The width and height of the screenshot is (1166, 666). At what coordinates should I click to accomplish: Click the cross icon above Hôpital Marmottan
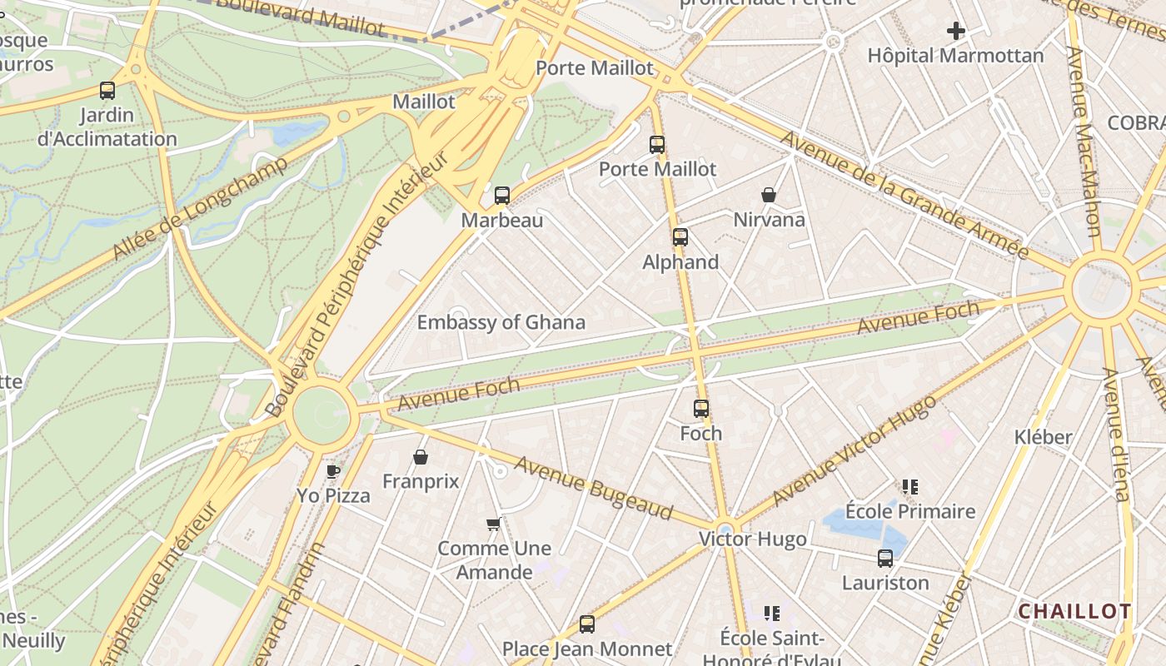coord(955,32)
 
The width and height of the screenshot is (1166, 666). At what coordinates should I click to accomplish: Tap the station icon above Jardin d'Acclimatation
coord(107,91)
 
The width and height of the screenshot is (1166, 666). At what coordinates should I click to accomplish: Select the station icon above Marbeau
coord(501,196)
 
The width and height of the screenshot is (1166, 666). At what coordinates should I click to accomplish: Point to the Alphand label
coord(680,262)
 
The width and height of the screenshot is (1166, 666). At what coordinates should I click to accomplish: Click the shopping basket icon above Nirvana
coord(769,196)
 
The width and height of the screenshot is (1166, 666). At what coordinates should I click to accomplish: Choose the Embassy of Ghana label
coord(501,322)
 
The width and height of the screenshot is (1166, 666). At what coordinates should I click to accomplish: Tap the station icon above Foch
coord(701,409)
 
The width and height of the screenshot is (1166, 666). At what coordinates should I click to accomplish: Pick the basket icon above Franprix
coord(421,457)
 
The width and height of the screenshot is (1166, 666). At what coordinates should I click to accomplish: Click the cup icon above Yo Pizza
coord(333,471)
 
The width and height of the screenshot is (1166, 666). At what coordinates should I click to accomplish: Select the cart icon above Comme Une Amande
coord(493,524)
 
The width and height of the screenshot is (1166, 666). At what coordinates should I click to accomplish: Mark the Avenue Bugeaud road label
coord(592,488)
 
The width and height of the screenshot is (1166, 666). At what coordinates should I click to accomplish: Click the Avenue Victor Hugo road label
coord(854,450)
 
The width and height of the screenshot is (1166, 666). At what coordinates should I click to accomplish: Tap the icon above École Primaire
coord(909,487)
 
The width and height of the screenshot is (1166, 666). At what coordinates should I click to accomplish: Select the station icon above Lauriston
coord(884,559)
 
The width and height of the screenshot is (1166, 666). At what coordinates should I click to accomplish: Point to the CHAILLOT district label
coord(1074,612)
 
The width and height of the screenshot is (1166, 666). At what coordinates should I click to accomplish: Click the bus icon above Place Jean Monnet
coord(587,624)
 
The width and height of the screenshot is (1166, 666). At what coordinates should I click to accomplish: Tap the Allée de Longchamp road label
coord(200,206)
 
